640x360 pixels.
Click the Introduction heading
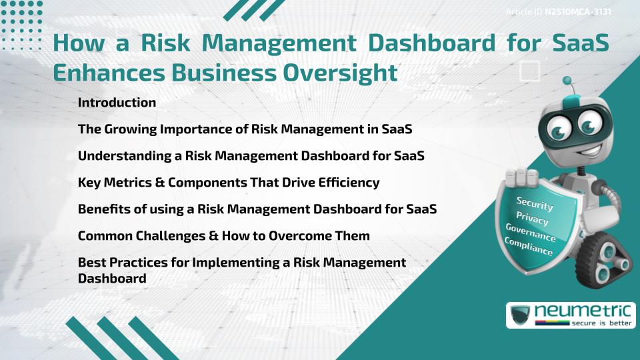pos(117,103)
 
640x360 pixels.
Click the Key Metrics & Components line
pos(229,182)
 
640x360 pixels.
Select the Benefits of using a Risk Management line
pos(257,209)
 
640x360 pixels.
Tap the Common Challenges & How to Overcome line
pos(224,235)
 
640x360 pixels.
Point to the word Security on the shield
pos(535,203)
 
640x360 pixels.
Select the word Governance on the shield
pos(530,233)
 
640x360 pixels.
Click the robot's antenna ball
pos(567,81)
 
